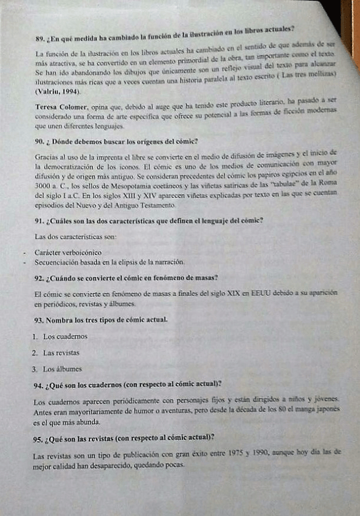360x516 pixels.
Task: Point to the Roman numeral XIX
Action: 230,294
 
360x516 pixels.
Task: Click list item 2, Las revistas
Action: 60,352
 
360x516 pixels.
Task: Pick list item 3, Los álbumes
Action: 61,369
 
